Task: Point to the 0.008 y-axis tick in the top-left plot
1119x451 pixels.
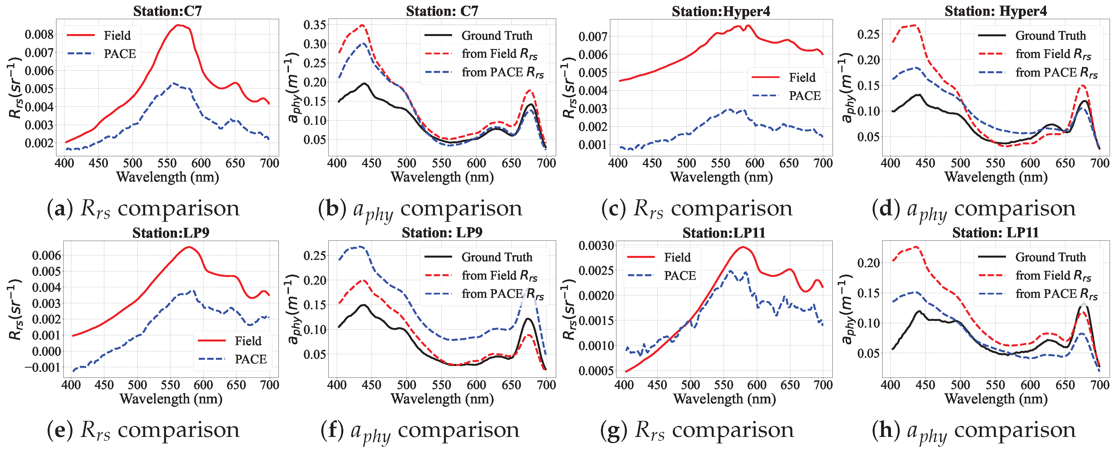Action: click(39, 34)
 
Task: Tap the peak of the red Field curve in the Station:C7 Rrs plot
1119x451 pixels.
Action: click(178, 25)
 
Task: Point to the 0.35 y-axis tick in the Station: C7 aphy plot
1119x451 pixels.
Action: click(315, 25)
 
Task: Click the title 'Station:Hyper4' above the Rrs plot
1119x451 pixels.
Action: click(721, 11)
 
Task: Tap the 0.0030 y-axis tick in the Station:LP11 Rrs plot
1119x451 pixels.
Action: click(596, 246)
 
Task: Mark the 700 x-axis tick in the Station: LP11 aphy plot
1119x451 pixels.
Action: click(1100, 385)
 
